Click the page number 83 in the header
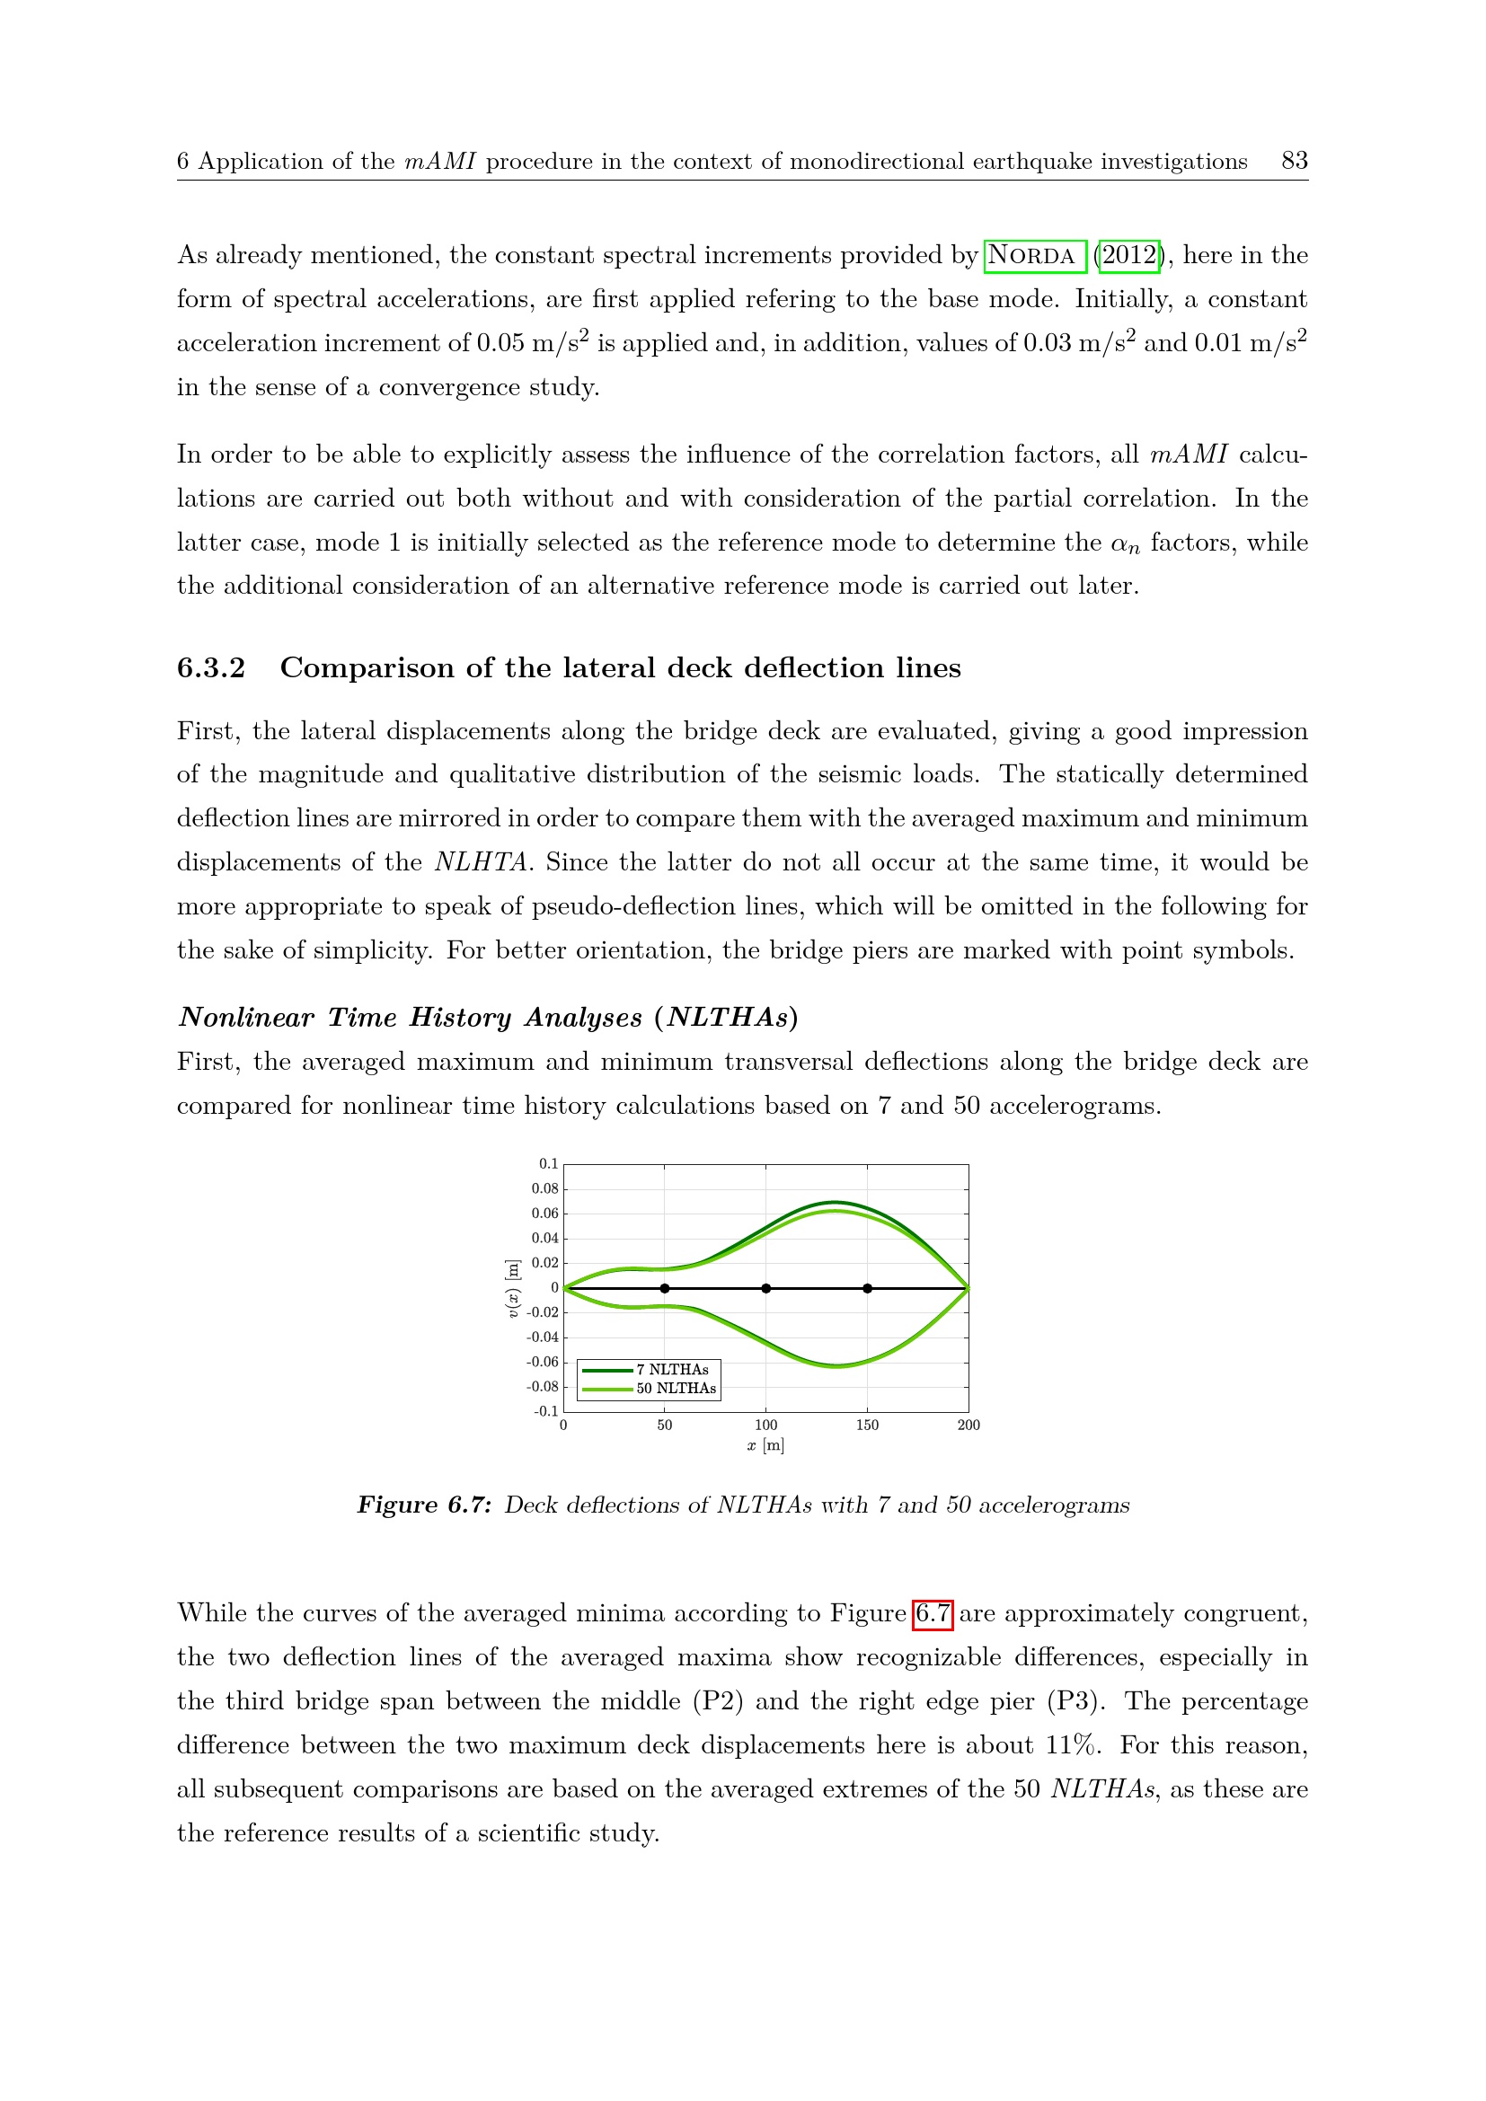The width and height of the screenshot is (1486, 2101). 1294,161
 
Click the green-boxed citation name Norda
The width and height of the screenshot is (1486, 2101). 1034,255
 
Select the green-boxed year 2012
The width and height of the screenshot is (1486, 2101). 1129,255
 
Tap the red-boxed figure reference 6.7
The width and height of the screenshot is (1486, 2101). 933,1613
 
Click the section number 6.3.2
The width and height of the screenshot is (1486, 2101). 211,668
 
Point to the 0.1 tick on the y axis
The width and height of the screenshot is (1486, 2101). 548,1164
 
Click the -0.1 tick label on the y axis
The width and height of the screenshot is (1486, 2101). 546,1411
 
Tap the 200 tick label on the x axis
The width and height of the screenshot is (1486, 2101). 969,1425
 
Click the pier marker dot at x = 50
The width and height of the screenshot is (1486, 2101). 664,1288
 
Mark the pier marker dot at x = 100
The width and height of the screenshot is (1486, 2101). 765,1288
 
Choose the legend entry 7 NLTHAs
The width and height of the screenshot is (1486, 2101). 673,1369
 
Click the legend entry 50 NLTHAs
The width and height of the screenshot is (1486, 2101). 677,1388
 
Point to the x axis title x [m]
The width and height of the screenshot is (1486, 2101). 765,1446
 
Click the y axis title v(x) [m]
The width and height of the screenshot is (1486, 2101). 513,1288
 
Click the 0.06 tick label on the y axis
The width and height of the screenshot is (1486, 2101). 544,1214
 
